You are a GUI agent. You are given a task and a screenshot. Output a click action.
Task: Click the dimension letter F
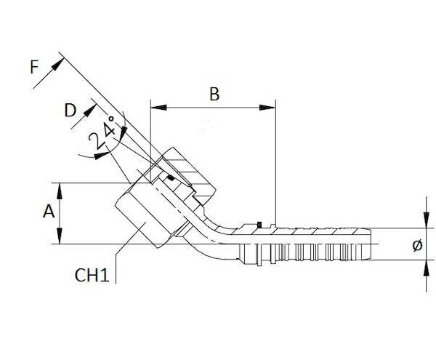click(33, 68)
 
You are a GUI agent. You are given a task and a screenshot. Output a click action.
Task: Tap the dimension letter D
click(70, 111)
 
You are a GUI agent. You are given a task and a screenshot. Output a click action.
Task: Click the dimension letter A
click(49, 212)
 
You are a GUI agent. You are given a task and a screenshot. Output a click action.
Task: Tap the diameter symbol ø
click(416, 247)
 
